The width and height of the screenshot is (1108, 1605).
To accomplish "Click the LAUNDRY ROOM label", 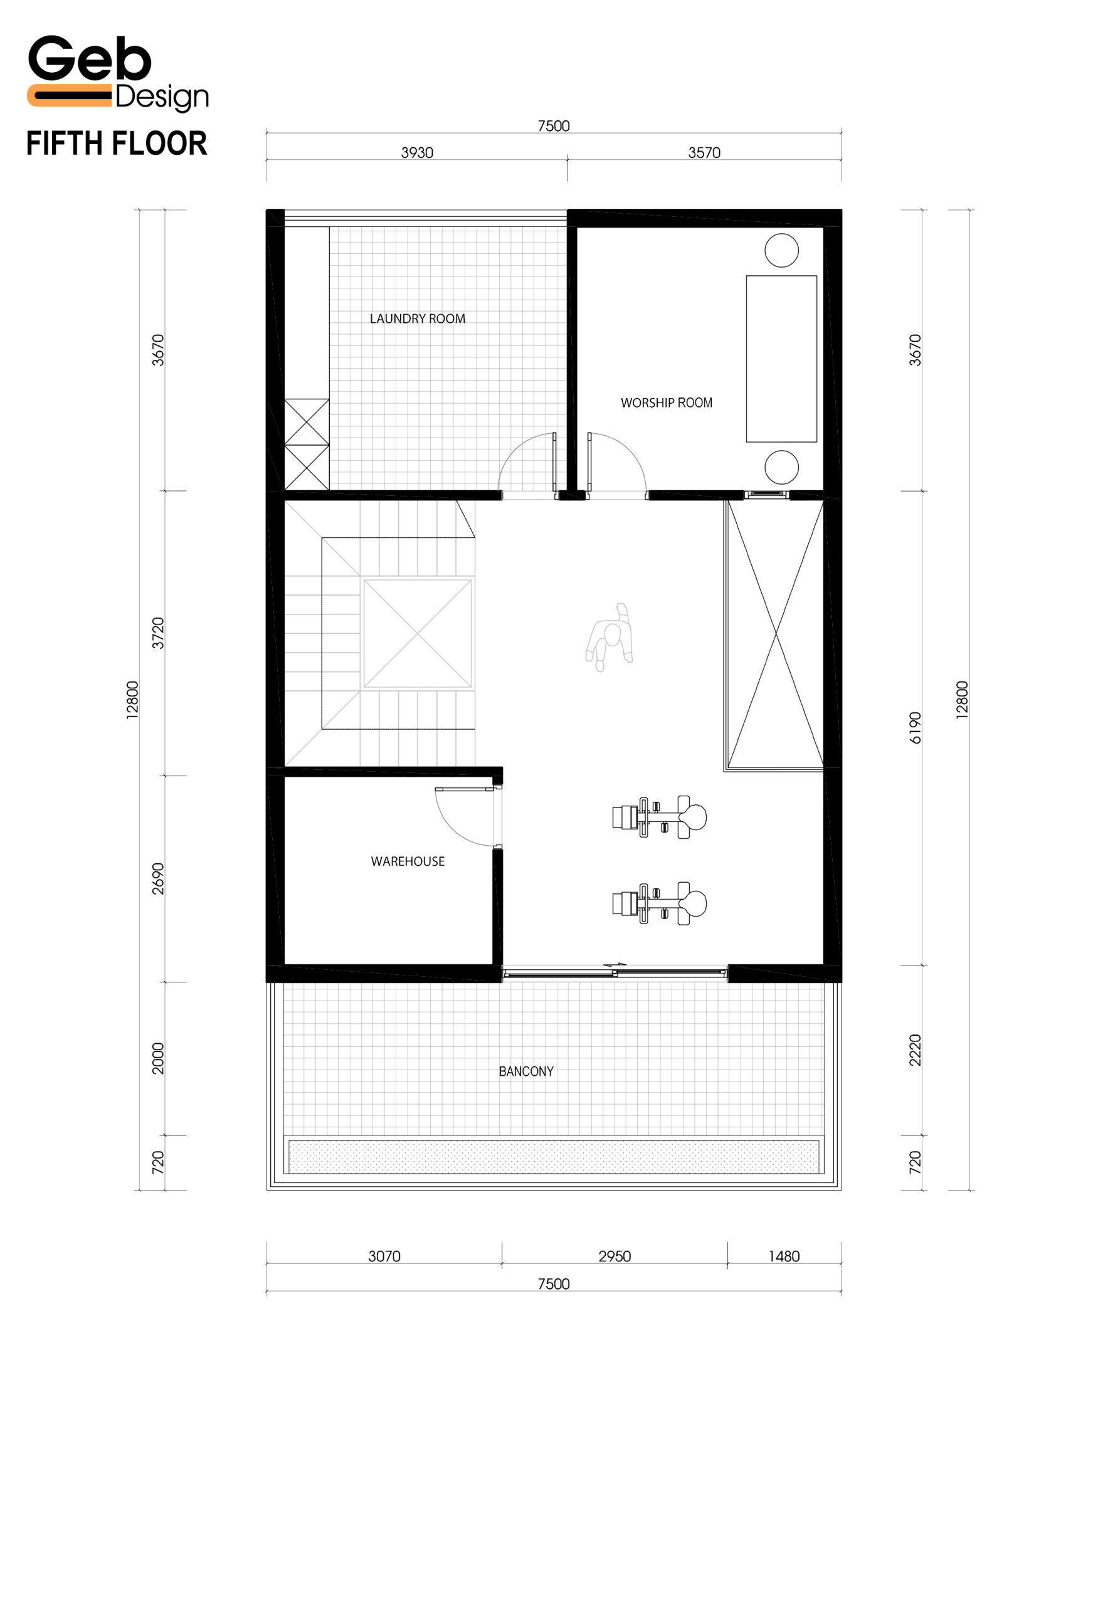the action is coord(417,318).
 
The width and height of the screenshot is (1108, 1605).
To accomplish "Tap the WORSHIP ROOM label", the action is coord(667,403).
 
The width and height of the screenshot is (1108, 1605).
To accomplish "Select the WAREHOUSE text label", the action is coord(408,861).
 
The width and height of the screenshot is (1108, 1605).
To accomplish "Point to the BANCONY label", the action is coord(526,1071).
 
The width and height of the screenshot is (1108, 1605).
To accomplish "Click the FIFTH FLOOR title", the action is coord(117,144).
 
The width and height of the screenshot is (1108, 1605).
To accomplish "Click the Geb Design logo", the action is coord(118,72).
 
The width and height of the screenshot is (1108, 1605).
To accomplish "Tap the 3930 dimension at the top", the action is coord(417,153).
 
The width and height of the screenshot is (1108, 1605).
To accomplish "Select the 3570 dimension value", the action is coord(704,153).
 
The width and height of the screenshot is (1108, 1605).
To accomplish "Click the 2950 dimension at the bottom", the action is coord(615,1256).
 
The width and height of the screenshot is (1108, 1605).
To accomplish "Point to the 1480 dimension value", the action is coord(784,1256).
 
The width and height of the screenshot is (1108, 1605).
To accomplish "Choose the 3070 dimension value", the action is coord(384,1256).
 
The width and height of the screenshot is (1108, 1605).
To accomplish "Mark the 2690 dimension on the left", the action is coord(158,878).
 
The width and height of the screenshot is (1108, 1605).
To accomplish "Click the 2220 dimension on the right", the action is coord(915,1050).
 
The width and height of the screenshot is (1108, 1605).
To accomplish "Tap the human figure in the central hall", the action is coord(609,636).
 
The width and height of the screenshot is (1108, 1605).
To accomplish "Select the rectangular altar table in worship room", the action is coord(782,359).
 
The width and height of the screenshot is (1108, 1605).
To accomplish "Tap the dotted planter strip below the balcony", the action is coord(554,1157).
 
